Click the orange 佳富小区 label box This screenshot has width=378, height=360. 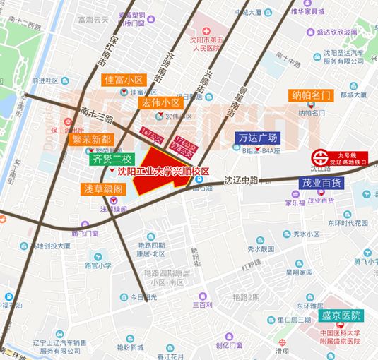pos(124,80)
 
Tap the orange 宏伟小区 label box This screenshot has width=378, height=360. pos(162,102)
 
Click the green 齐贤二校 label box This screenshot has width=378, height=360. pos(112,159)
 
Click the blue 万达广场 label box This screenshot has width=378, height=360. pos(258,138)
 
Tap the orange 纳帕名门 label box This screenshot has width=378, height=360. pos(311,95)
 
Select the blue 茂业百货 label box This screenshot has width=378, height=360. pos(321,183)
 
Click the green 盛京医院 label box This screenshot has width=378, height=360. pos(341,316)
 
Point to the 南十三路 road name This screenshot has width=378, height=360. pos(98,114)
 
